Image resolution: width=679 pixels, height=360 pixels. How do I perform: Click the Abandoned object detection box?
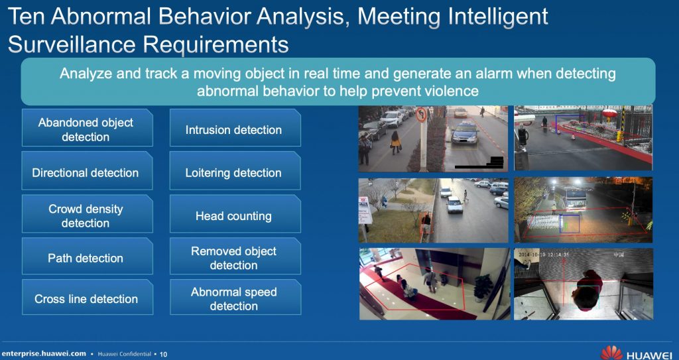click(87, 128)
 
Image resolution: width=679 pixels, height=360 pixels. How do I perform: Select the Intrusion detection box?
click(235, 128)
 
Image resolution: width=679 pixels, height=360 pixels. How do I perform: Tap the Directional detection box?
click(87, 170)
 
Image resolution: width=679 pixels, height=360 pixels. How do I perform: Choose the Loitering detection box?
click(235, 170)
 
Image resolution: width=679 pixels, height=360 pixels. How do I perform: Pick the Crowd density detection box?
click(87, 213)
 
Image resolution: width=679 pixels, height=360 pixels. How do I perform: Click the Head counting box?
click(235, 213)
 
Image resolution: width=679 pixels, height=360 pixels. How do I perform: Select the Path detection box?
click(87, 256)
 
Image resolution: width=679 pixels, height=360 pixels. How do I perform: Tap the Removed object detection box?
click(235, 256)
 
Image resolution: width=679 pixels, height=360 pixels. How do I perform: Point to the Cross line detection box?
click(87, 297)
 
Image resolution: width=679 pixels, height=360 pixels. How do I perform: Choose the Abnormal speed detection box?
click(235, 297)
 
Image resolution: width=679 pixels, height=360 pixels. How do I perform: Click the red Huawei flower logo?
click(611, 353)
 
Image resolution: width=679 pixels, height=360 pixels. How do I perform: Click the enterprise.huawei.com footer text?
click(44, 353)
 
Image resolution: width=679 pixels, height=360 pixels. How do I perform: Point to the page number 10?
click(163, 355)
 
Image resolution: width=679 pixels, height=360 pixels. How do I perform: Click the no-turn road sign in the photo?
click(421, 115)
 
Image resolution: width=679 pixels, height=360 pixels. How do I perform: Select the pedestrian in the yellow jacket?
click(395, 143)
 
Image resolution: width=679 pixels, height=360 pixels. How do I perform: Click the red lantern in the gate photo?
click(610, 115)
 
